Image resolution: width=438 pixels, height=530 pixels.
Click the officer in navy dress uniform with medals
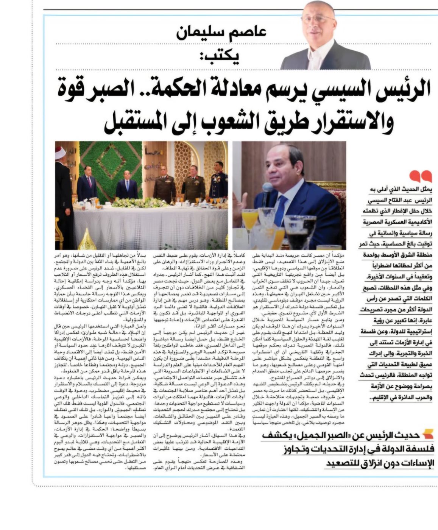pos(218,182)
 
